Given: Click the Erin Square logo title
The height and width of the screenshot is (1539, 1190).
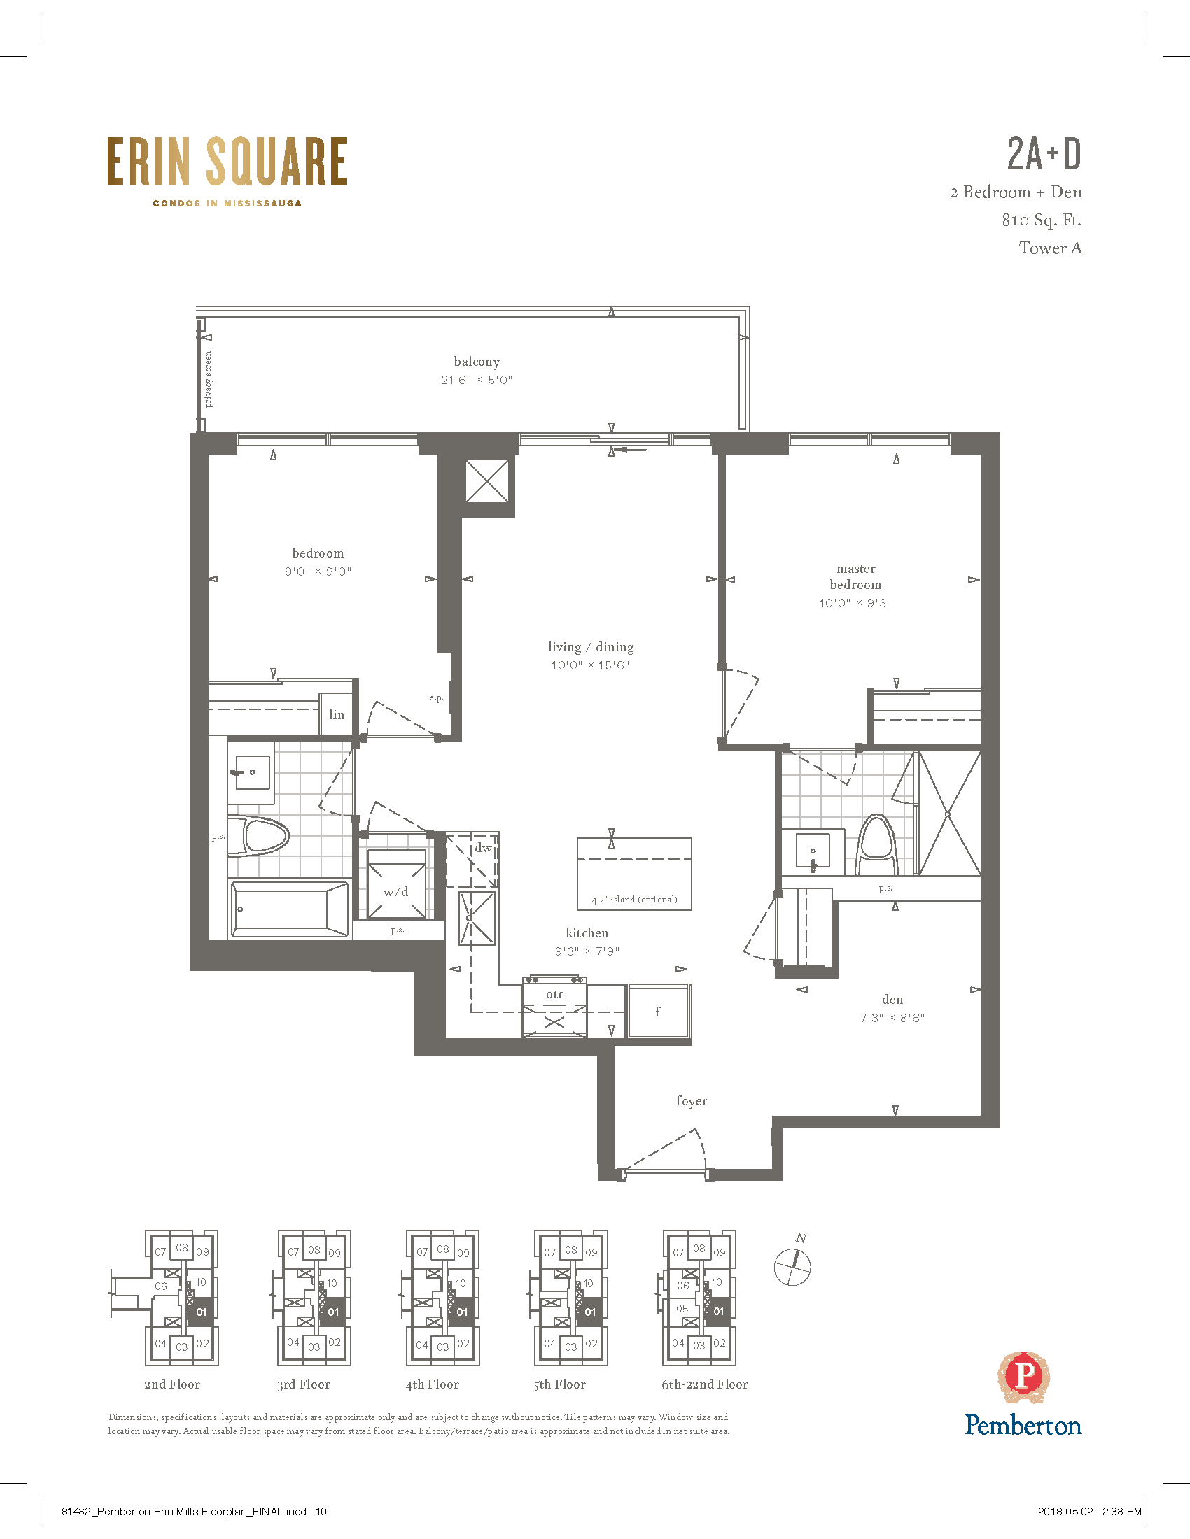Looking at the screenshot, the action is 227,162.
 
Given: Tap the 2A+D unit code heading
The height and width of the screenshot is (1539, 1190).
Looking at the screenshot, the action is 1044,154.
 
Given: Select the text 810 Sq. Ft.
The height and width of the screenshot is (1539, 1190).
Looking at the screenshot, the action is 1042,220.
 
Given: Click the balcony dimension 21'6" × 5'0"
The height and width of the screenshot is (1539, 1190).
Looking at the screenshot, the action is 477,380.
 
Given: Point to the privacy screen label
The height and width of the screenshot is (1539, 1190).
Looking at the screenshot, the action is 209,379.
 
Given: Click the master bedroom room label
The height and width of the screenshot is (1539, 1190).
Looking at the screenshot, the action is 856,576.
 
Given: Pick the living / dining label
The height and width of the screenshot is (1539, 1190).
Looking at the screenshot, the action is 591,647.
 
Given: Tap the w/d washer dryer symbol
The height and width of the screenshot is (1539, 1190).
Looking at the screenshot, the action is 396,884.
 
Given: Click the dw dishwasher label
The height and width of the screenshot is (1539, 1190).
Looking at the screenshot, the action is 483,848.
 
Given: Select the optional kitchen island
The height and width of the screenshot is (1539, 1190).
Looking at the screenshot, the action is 634,874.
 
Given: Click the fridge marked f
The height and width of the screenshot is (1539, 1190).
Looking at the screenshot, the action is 658,1011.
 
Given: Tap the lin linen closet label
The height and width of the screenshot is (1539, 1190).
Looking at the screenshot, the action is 337,714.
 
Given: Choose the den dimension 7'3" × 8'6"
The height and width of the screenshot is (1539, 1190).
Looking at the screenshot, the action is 892,1018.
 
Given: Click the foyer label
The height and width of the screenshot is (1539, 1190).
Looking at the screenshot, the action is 692,1100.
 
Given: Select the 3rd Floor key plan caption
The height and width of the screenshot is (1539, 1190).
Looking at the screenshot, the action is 304,1384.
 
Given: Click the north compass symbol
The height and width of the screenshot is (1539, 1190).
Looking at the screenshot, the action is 793,1266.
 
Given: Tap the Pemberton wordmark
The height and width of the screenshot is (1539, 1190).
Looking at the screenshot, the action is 1023,1425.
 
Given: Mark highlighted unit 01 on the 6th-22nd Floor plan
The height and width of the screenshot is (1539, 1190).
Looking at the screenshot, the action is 718,1312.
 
